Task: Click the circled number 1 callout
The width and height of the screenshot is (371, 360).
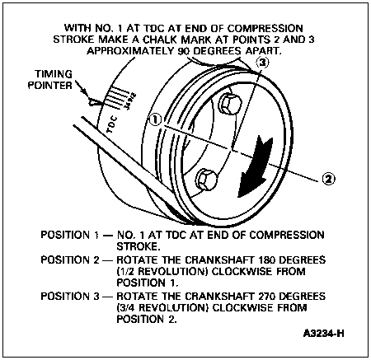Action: coord(155,119)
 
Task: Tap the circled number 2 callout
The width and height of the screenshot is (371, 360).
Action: coord(328,179)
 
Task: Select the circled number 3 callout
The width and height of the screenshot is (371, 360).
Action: coord(262,63)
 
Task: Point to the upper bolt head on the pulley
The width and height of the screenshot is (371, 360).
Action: coord(230,104)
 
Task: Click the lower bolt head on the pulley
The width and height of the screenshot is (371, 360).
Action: coord(207,179)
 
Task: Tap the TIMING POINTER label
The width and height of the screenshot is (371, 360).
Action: coord(50,80)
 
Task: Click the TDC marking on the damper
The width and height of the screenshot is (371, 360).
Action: coord(112,125)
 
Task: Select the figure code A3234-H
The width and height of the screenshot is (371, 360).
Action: coord(324,334)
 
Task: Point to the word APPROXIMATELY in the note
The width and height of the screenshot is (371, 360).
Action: coord(130,51)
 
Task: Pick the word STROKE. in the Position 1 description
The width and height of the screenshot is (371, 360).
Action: coord(139,246)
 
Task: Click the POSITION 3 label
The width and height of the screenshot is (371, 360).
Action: coord(69,297)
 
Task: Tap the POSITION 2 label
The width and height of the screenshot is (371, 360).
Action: coord(69,259)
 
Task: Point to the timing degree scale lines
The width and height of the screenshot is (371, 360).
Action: coord(118,96)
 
